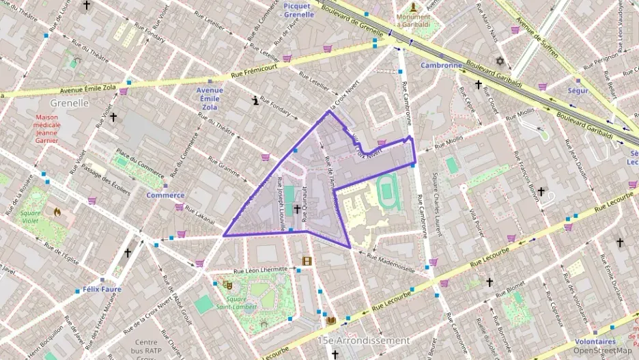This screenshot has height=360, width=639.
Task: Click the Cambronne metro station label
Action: coord(441,66)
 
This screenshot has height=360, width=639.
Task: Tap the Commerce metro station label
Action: coord(165,195)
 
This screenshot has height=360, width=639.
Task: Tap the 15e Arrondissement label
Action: coord(364,340)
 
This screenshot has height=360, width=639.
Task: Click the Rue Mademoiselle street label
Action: coord(391,261)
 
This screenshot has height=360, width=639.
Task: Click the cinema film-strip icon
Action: coord(307,260)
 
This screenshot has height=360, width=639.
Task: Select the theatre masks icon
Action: coord(227,285)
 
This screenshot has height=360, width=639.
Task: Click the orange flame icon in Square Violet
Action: coord(57,212)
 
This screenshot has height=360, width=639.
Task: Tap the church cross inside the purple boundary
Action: coord(297,208)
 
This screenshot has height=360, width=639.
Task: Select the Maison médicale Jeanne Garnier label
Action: coord(57,128)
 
